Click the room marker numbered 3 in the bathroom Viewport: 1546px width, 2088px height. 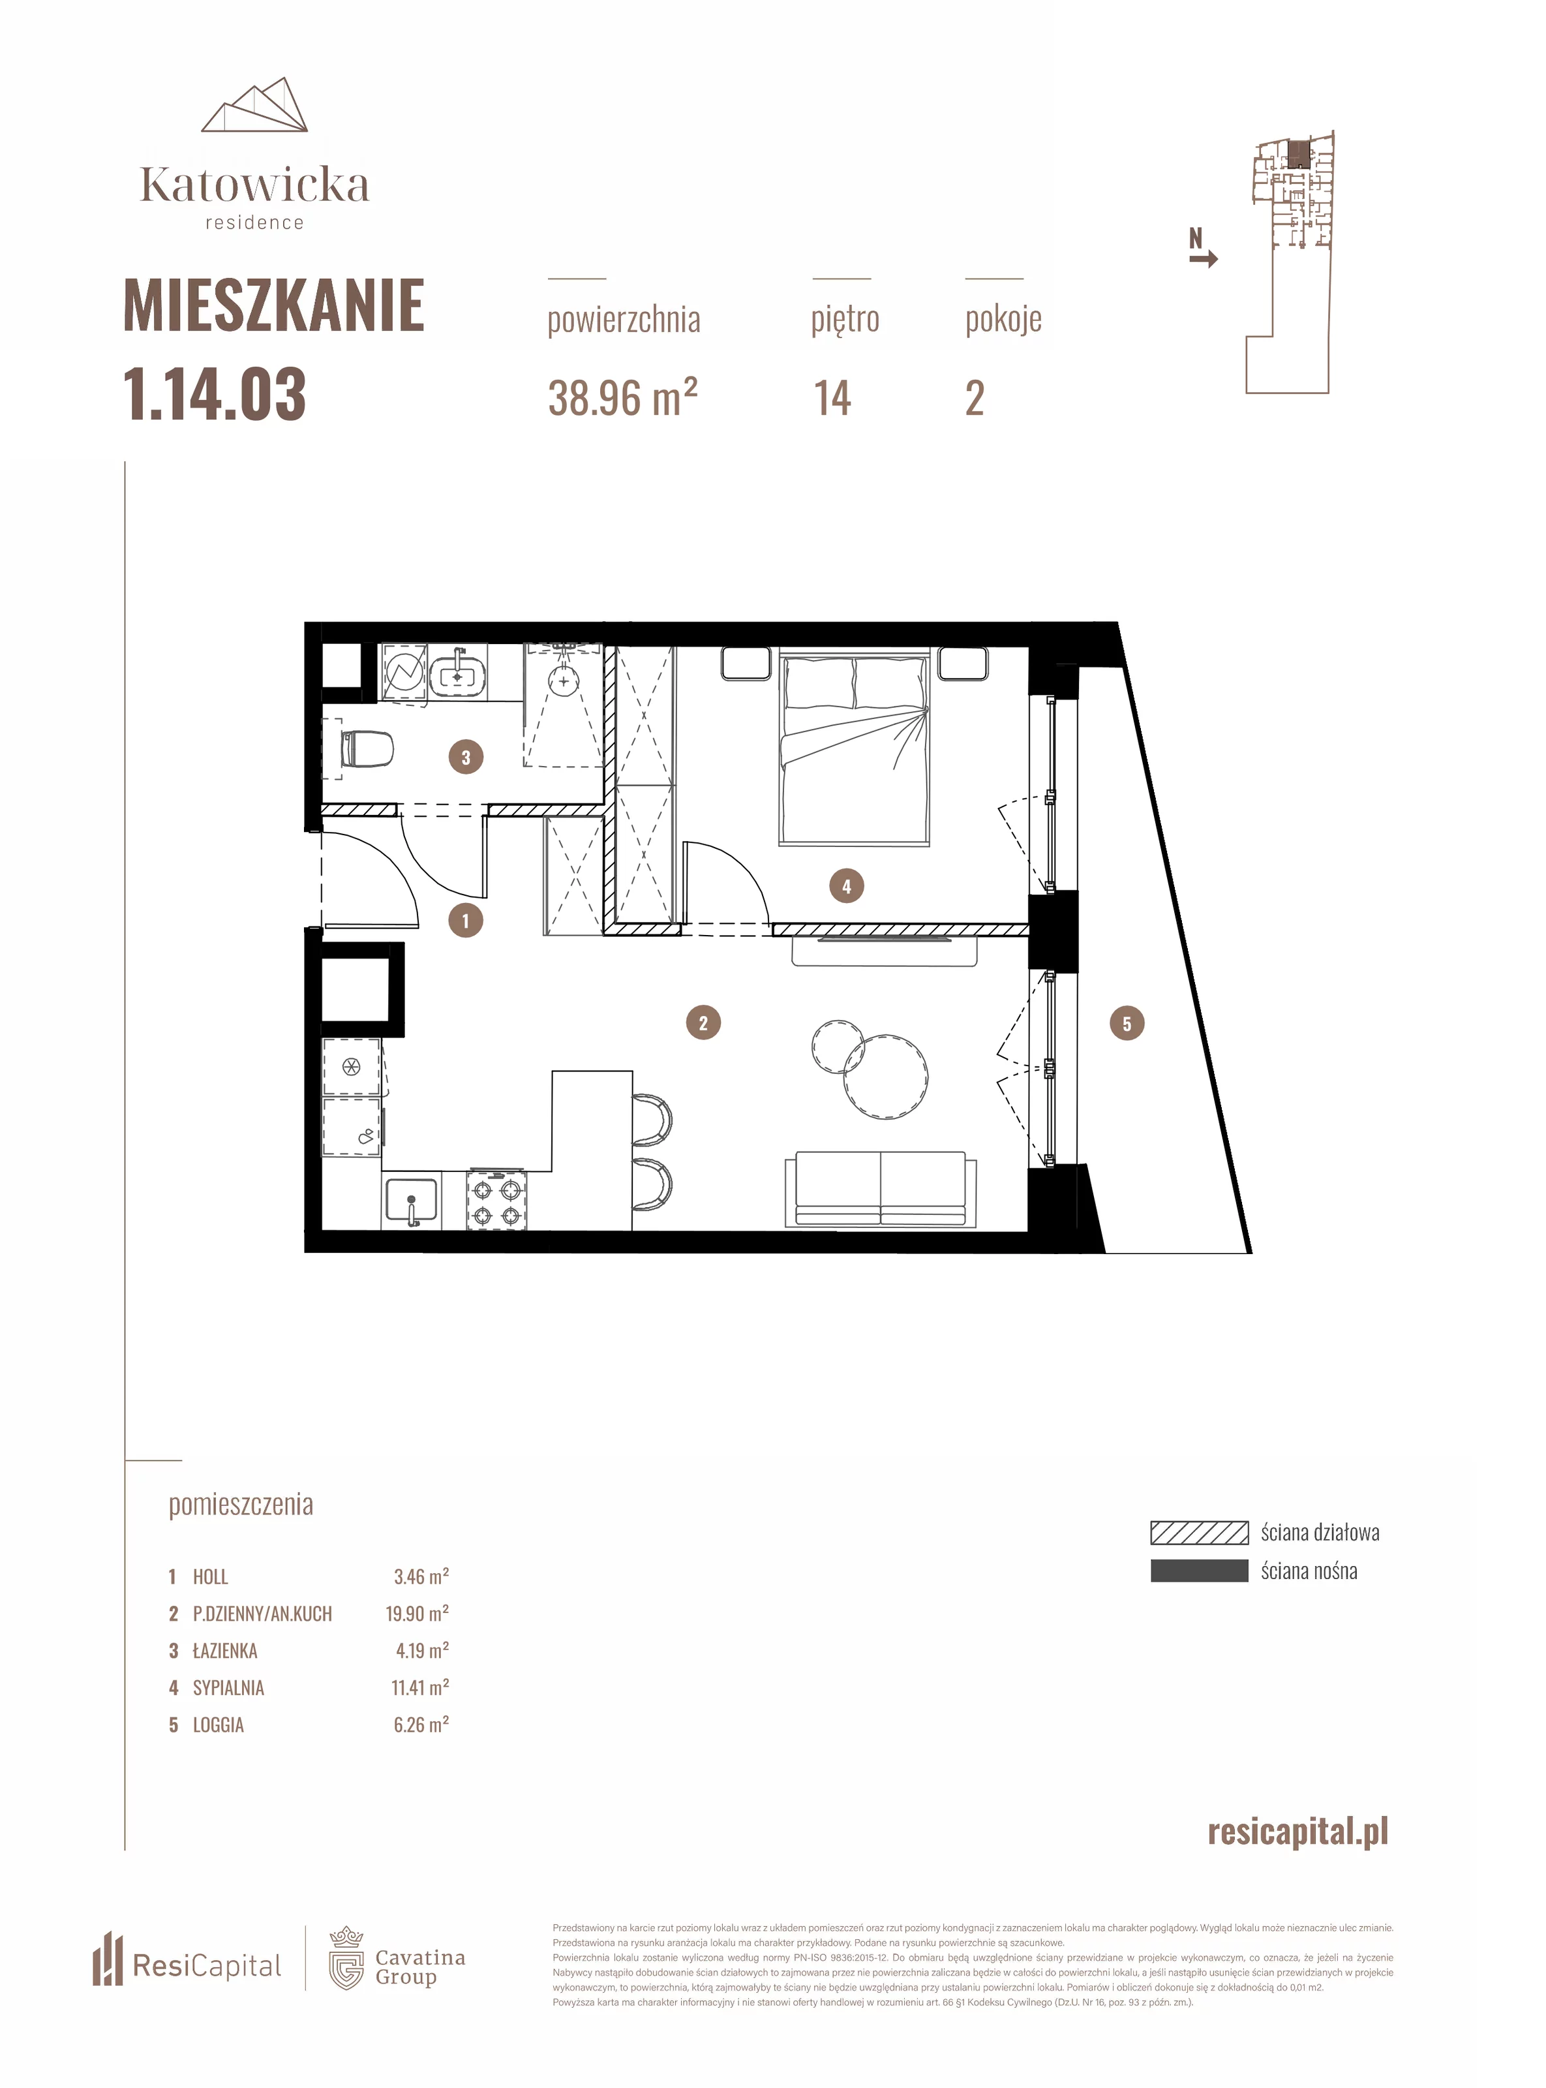(466, 757)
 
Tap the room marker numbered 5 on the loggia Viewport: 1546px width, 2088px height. (1127, 1024)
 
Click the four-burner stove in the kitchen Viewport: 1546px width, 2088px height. (496, 1201)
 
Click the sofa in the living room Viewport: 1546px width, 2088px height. (880, 1189)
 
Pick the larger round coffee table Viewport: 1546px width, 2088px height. (885, 1076)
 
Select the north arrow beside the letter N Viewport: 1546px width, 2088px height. (1204, 259)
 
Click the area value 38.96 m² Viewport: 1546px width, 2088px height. (622, 398)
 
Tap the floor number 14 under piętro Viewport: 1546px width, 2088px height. (832, 399)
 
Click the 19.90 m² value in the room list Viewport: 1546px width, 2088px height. (417, 1614)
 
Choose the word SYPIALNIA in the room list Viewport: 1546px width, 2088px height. (228, 1687)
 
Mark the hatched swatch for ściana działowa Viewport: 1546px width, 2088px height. (1199, 1532)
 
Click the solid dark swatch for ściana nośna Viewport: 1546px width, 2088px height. (1199, 1571)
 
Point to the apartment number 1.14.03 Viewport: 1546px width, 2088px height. (215, 394)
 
